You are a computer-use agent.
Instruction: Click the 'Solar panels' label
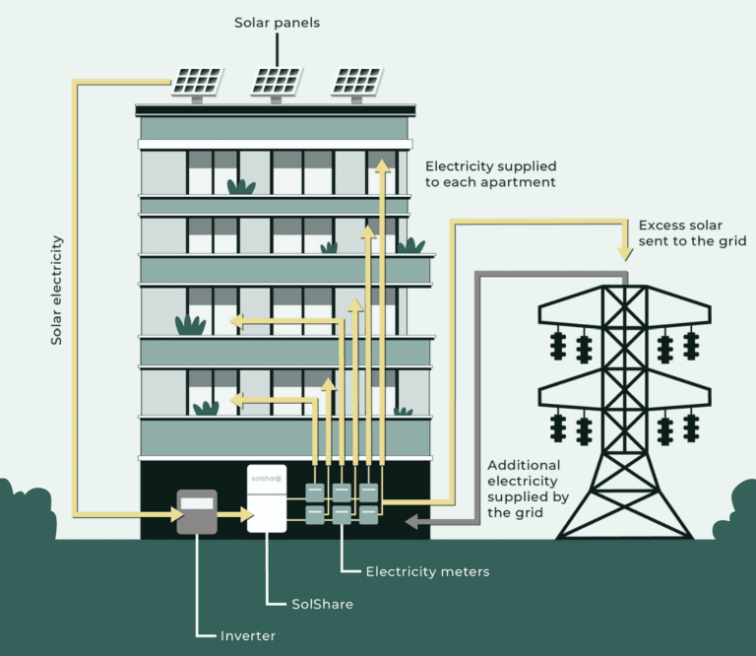278,22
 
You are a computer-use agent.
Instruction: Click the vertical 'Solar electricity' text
57,290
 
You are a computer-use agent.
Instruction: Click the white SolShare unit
266,498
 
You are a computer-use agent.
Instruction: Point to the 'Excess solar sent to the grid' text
692,232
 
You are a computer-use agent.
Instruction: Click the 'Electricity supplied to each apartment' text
488,174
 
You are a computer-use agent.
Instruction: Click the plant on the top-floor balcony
241,186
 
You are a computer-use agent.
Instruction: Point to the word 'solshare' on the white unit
265,479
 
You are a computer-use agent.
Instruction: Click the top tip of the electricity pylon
624,287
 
